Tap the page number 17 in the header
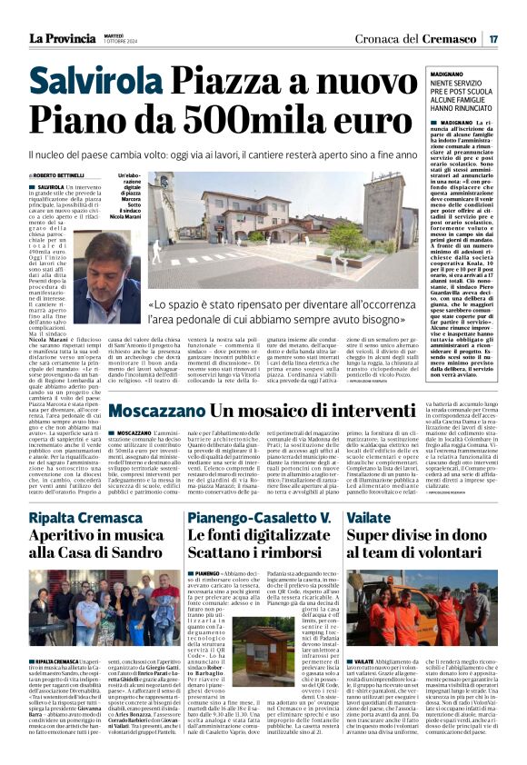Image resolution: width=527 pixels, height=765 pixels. [x=493, y=38]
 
